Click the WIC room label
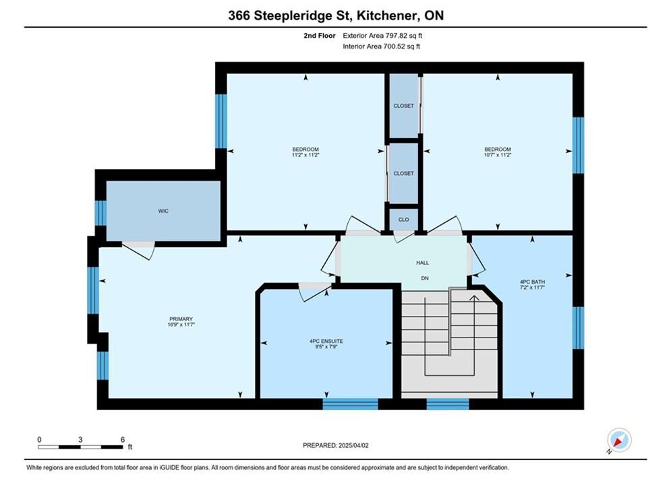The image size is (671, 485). coord(163,211)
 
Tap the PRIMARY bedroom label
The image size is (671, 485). coord(181,319)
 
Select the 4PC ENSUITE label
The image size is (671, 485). coord(326,342)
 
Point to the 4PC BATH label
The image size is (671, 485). coord(532,282)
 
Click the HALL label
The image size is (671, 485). coord(422,263)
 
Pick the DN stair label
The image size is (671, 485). coord(424,278)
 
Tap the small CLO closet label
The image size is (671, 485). coord(403,220)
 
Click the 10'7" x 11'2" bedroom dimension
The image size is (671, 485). coord(498,155)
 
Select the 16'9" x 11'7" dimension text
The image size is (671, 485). coord(181,325)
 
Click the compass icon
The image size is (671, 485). coord(619,440)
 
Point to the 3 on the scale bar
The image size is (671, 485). coord(80,439)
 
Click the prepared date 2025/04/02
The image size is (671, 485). coord(353,445)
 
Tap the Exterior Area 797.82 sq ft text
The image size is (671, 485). coord(382,36)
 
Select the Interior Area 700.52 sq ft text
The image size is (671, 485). coord(381,46)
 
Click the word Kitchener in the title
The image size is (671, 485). coord(387,15)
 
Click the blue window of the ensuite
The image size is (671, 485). coord(351,403)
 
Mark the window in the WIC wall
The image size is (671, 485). coord(100,213)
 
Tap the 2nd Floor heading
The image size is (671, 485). coord(320,36)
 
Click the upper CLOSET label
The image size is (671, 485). coord(403,106)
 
